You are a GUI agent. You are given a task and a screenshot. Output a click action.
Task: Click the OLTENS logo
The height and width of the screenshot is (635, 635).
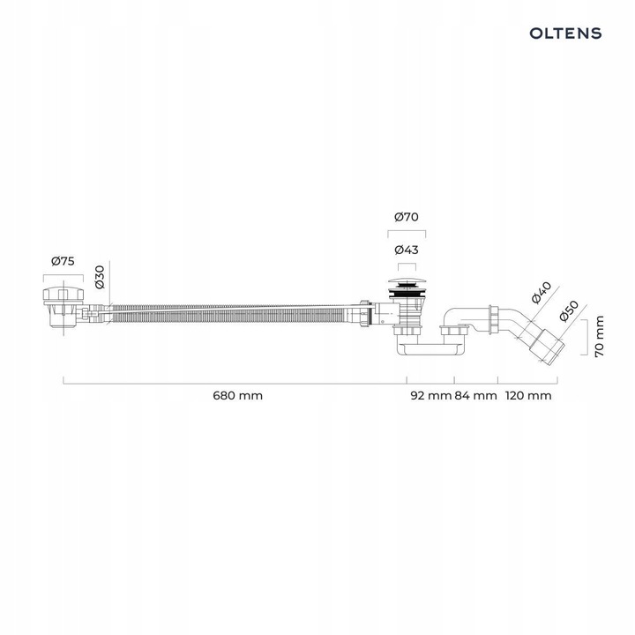click(x=565, y=33)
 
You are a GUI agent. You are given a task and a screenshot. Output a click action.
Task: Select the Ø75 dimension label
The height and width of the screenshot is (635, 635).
click(x=62, y=261)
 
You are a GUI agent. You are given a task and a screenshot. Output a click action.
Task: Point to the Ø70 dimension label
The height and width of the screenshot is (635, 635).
click(x=407, y=216)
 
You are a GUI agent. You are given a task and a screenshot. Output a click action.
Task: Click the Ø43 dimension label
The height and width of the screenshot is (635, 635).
click(x=407, y=250)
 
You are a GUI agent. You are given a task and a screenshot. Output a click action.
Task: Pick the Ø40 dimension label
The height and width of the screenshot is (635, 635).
click(x=542, y=291)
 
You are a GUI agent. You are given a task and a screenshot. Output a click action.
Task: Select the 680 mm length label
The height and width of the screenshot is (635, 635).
click(x=238, y=395)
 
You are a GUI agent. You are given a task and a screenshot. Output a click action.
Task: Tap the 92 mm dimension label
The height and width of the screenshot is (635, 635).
click(x=430, y=395)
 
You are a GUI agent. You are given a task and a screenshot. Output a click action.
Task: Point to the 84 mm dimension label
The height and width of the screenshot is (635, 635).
click(x=475, y=395)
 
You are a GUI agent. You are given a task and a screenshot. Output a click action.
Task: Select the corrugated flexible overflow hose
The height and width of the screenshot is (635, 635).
click(x=229, y=314)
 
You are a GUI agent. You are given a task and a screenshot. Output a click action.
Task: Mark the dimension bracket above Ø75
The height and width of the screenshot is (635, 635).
click(x=62, y=275)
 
